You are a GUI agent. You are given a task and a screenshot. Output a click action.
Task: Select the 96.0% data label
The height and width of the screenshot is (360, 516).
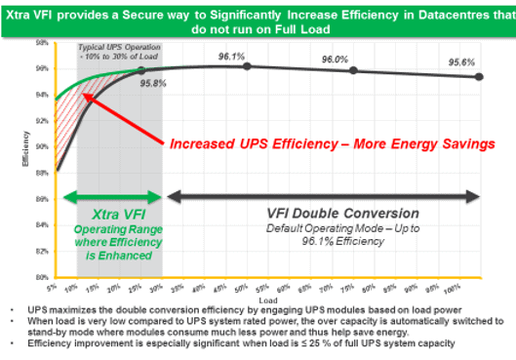pyautogui.click(x=335, y=59)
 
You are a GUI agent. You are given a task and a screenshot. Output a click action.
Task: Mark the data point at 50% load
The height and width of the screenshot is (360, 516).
pyautogui.click(x=247, y=66)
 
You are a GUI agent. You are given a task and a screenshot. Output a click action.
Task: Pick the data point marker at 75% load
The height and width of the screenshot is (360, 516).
pyautogui.click(x=353, y=70)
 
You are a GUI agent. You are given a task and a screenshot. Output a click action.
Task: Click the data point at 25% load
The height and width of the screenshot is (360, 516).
pyautogui.click(x=141, y=71)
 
